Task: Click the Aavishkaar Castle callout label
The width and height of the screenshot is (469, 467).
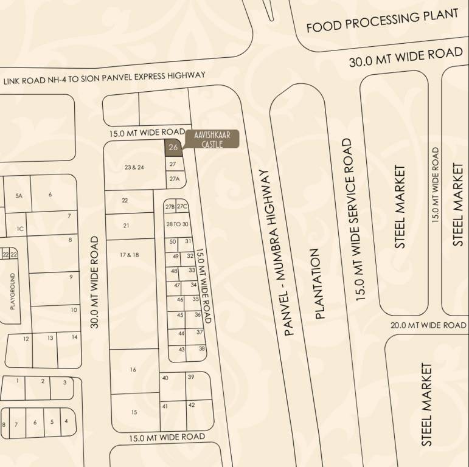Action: tap(212, 139)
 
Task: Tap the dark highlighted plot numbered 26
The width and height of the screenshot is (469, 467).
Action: tap(173, 148)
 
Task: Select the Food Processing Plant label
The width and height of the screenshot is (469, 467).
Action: tap(382, 21)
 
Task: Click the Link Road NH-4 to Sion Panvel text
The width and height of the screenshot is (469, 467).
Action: tap(105, 78)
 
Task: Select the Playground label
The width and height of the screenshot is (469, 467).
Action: tap(12, 291)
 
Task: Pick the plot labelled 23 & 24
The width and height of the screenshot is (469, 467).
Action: tap(134, 167)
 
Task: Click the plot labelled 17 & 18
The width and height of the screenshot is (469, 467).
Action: tap(129, 255)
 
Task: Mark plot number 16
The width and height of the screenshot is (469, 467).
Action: tap(133, 370)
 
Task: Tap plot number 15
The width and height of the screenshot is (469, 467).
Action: tap(134, 412)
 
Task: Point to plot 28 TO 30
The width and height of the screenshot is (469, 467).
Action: tap(178, 224)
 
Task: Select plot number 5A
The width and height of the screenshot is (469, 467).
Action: tap(19, 195)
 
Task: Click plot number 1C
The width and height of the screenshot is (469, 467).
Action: tap(20, 229)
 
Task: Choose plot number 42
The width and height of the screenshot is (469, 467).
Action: tap(191, 405)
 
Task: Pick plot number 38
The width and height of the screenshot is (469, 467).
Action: tap(201, 348)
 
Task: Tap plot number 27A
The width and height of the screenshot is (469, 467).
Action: tap(175, 179)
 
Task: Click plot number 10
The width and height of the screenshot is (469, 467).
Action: tap(74, 310)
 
